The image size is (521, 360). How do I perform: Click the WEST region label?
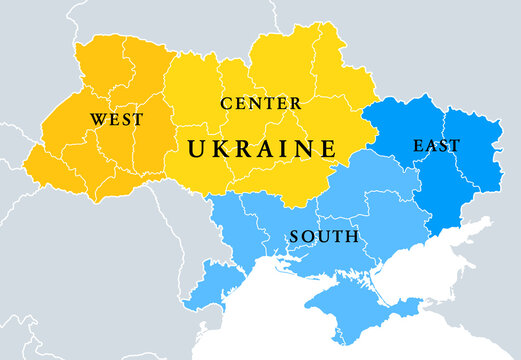tap(116, 119)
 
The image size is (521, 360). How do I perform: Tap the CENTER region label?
tap(260, 103)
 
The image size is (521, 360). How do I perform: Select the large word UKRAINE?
tap(262, 149)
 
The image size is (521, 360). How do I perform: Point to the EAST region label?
tap(436, 146)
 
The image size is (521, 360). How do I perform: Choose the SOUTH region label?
tap(323, 237)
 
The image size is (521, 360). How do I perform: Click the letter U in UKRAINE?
tap(197, 149)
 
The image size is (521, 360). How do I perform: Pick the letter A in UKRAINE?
tap(265, 149)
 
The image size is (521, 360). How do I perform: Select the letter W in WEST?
tap(97, 119)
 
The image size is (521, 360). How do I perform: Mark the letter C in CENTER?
tap(226, 103)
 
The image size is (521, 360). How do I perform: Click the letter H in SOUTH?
tap(352, 237)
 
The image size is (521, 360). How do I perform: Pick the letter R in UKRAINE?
tap(243, 149)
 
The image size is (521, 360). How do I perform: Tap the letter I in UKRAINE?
tap(284, 149)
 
